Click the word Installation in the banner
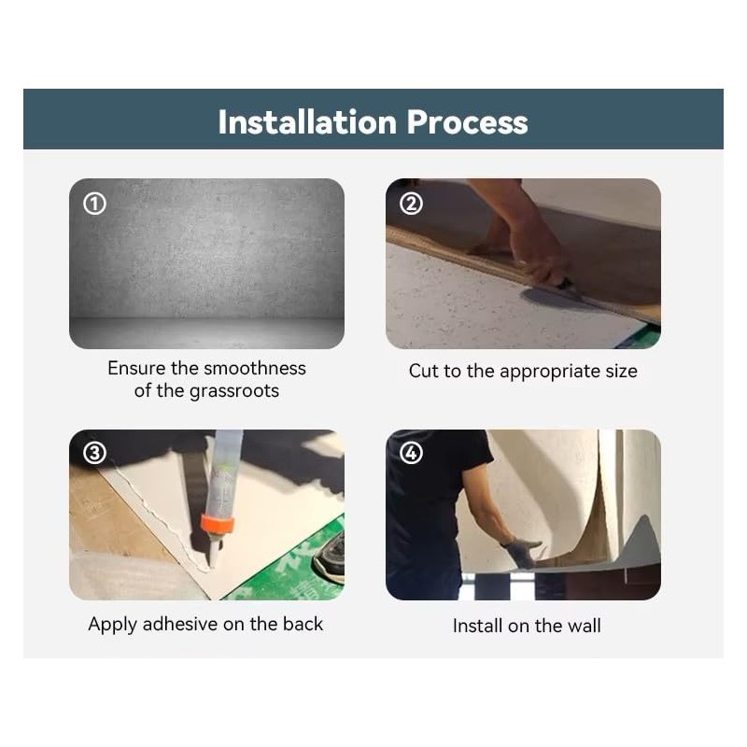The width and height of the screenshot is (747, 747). click(x=307, y=122)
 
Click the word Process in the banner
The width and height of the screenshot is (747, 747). click(x=467, y=122)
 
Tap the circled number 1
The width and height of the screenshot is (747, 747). click(x=95, y=204)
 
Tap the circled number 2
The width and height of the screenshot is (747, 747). click(x=411, y=204)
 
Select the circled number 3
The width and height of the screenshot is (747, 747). click(x=95, y=453)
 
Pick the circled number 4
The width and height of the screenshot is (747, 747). click(x=411, y=453)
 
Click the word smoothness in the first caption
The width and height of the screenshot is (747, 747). click(x=255, y=368)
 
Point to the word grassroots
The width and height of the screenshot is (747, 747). click(x=234, y=391)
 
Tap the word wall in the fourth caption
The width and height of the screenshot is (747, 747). click(x=585, y=626)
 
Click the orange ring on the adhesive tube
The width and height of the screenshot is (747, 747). click(x=218, y=523)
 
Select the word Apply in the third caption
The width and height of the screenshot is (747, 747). click(x=112, y=625)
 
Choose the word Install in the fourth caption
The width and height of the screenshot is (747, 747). click(x=477, y=626)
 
